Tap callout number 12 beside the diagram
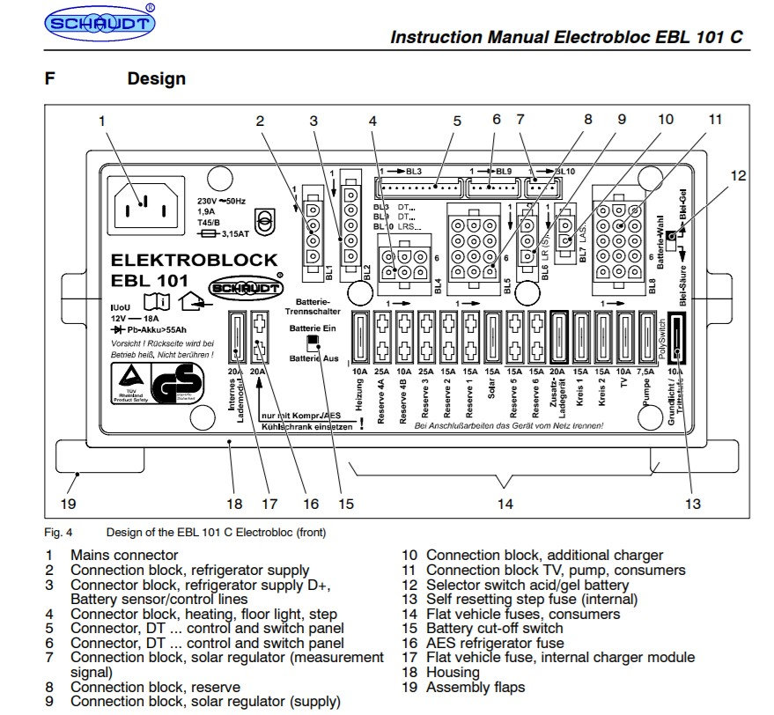tap(738, 176)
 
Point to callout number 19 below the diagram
tap(68, 505)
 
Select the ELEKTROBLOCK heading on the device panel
tap(194, 261)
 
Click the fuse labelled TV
tap(624, 339)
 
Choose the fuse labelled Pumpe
tap(647, 339)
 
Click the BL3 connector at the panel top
tap(418, 188)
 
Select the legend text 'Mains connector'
tap(124, 556)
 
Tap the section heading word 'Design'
tap(157, 78)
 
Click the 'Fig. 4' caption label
tap(58, 532)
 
